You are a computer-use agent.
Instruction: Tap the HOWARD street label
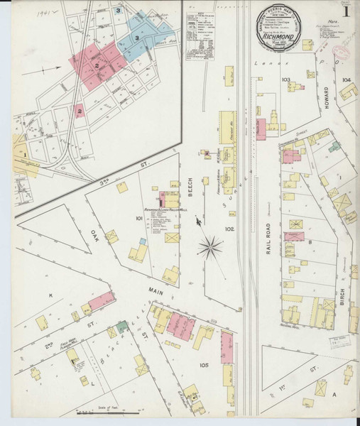tap(327, 102)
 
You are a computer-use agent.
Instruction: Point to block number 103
tap(286, 80)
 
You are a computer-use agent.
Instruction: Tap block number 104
tap(346, 80)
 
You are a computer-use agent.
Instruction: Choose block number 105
tap(204, 365)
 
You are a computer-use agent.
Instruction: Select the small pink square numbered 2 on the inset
tap(80, 111)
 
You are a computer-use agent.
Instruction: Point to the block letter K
tap(50, 293)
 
